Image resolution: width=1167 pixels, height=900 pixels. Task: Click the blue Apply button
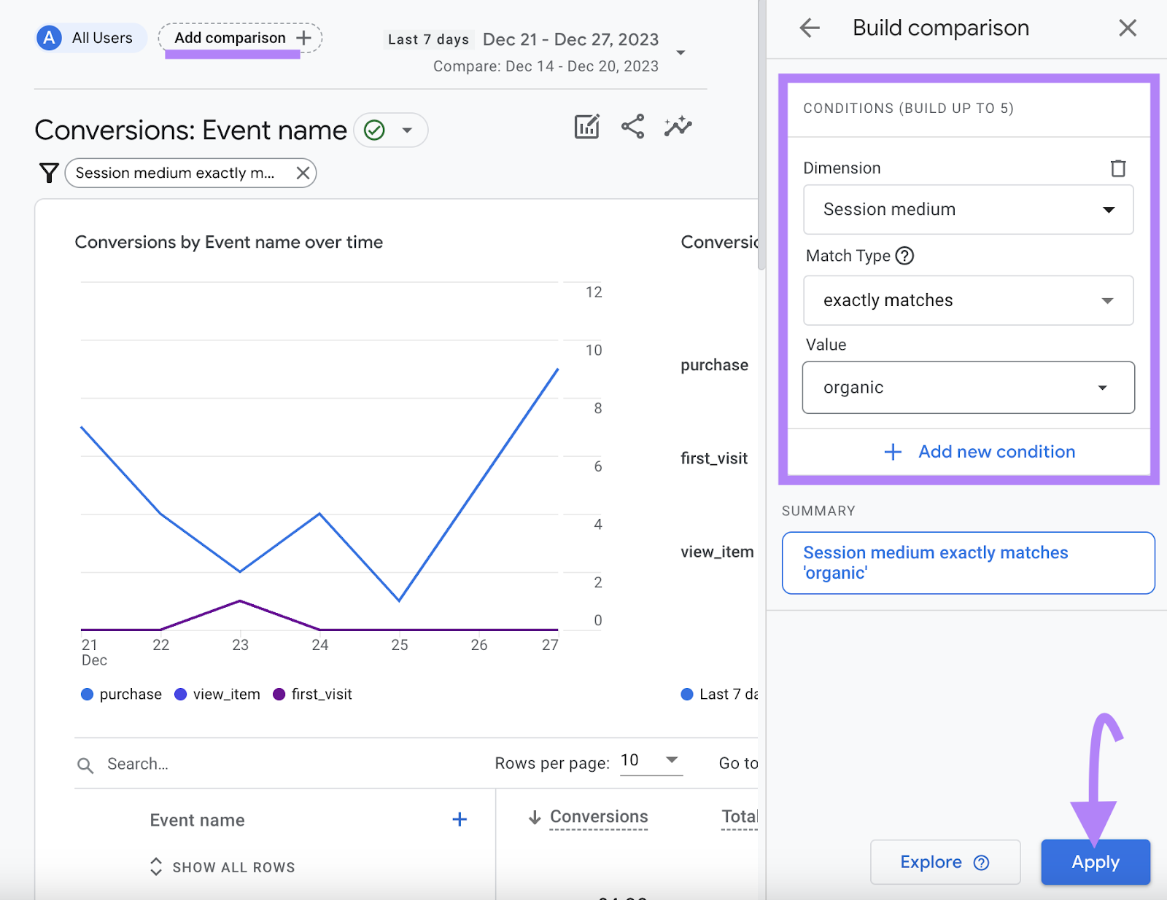pyautogui.click(x=1095, y=862)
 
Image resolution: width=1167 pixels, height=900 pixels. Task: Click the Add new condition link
pyautogui.click(x=980, y=452)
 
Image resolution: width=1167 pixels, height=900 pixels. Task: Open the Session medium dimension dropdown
pyautogui.click(x=968, y=210)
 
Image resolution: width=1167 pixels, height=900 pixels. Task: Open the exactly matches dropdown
pyautogui.click(x=968, y=300)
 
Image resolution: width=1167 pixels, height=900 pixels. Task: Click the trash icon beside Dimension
pyautogui.click(x=1117, y=168)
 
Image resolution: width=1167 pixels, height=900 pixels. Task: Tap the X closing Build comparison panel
pyautogui.click(x=1127, y=28)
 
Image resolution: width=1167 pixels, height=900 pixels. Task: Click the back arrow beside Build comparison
pyautogui.click(x=810, y=28)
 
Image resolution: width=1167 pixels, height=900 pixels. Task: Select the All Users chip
pyautogui.click(x=90, y=38)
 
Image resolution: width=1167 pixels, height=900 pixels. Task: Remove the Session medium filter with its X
pyautogui.click(x=303, y=173)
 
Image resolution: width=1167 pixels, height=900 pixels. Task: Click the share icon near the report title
pyautogui.click(x=632, y=127)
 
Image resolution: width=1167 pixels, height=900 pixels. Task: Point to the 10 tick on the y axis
pyautogui.click(x=594, y=351)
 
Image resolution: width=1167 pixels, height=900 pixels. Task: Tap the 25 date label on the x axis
pyautogui.click(x=400, y=645)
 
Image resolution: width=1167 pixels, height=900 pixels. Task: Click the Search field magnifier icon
pyautogui.click(x=85, y=765)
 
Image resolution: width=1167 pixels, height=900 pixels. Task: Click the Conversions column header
pyautogui.click(x=598, y=817)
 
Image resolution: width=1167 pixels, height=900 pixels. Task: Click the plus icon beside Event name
pyautogui.click(x=460, y=820)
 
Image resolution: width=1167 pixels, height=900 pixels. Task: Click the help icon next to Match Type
pyautogui.click(x=904, y=256)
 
